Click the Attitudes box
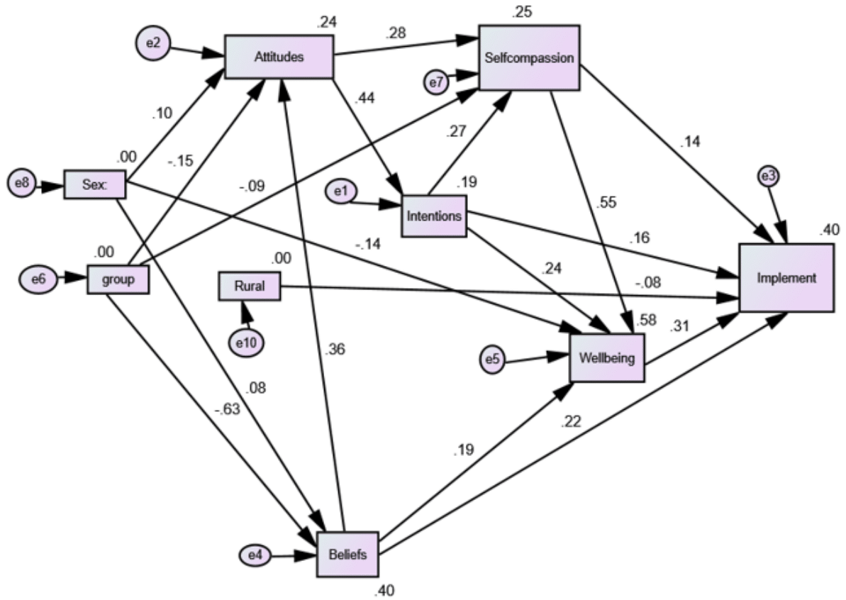point(279,57)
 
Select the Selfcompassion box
point(529,58)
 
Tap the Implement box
point(786,278)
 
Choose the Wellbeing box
point(607,357)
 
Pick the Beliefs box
point(347,555)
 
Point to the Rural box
point(249,285)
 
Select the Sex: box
point(95,185)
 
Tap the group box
point(118,279)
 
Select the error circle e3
point(768,177)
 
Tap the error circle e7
point(438,82)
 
